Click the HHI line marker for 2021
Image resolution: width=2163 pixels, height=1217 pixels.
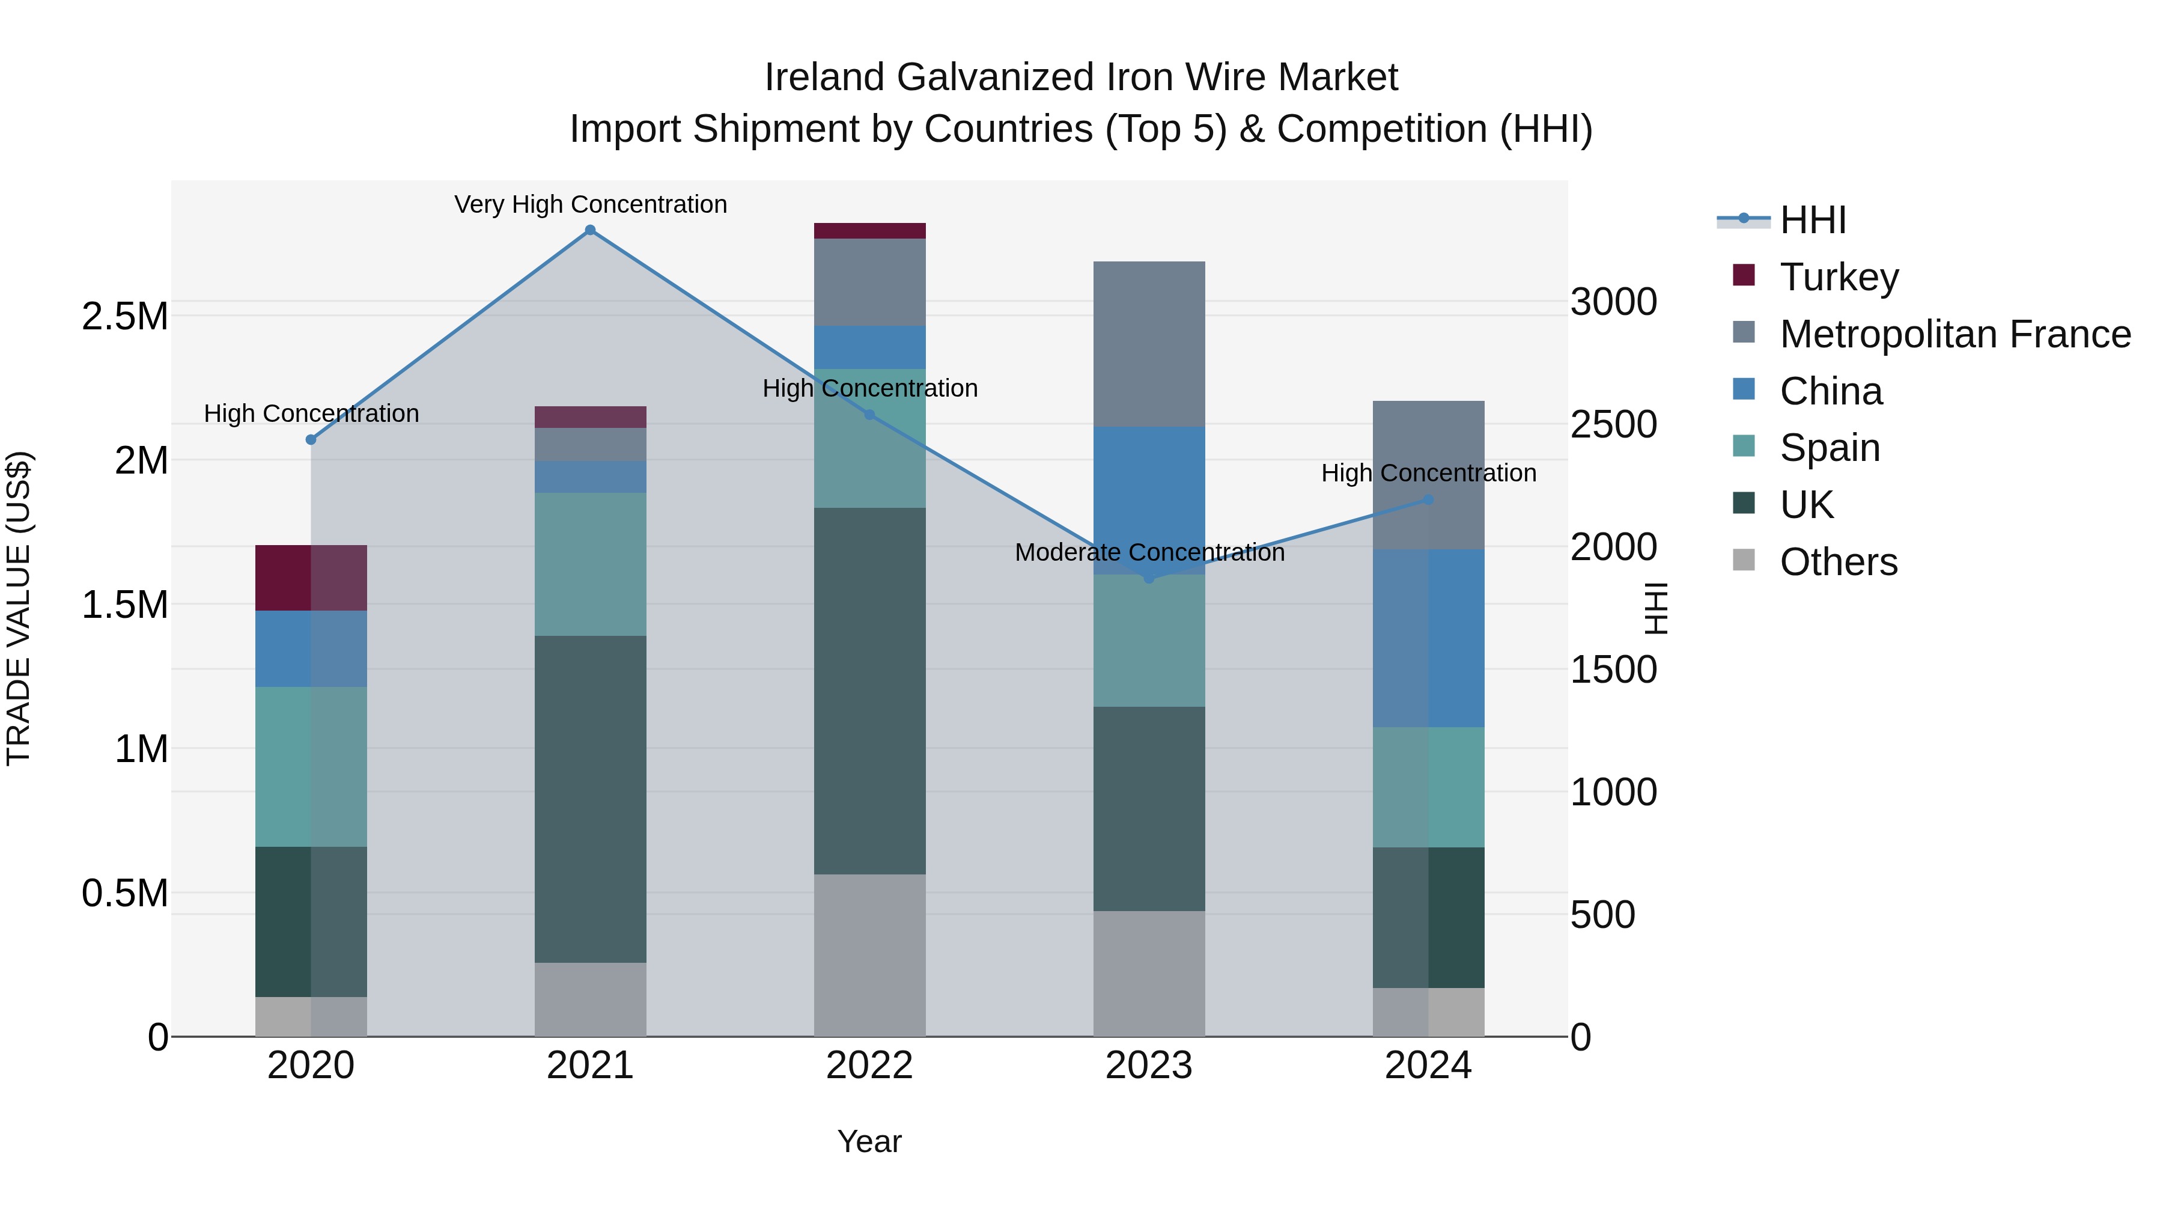590,230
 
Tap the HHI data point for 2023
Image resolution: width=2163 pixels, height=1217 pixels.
1149,578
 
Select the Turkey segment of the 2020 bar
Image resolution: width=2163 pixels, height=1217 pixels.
311,578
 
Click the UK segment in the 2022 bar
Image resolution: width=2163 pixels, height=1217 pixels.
870,691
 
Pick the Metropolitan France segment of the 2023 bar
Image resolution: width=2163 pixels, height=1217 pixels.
1149,344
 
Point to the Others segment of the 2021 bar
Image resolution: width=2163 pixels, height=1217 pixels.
590,999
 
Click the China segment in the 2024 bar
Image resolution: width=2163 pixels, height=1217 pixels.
1428,638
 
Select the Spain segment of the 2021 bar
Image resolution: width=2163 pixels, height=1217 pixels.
590,564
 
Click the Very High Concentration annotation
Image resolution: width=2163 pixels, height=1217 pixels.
590,204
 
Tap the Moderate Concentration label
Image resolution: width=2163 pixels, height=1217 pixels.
1149,553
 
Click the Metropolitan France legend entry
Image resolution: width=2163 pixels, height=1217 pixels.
1955,334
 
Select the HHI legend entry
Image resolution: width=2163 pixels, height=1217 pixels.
1812,220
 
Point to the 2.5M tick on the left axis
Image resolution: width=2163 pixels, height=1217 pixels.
124,317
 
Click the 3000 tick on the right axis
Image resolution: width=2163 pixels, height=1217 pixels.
1613,302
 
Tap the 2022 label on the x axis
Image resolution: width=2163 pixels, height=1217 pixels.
870,1066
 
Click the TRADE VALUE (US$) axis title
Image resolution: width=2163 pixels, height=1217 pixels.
19,608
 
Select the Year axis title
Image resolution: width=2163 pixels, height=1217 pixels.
870,1141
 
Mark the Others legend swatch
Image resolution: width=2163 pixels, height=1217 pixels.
1744,560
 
